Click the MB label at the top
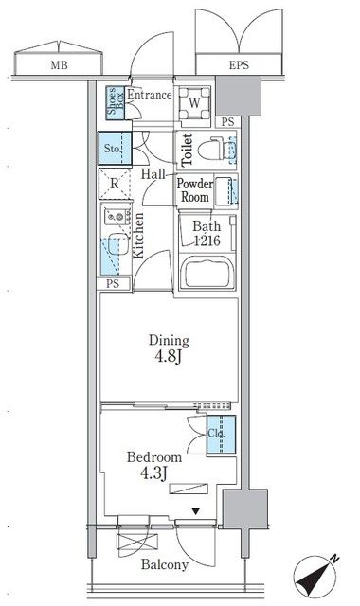59,65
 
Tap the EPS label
239,65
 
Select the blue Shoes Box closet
116,102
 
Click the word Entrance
150,95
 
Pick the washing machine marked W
195,103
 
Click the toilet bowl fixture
216,150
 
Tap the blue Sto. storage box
115,149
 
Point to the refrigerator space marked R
115,184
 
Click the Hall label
153,174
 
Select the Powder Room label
195,190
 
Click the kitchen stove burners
117,216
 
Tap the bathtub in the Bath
207,272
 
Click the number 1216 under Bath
207,241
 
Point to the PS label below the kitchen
113,284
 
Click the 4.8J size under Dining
169,356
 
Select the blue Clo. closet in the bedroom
221,435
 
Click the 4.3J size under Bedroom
153,472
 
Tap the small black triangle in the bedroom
196,511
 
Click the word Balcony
165,564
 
